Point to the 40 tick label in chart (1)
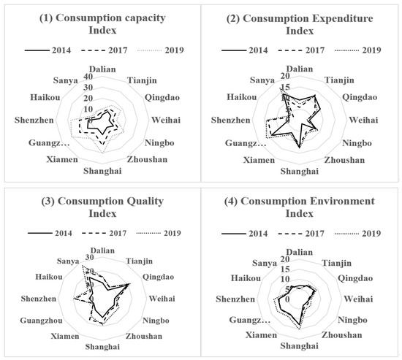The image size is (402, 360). pyautogui.click(x=88, y=77)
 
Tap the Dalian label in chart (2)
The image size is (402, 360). pyautogui.click(x=300, y=69)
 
